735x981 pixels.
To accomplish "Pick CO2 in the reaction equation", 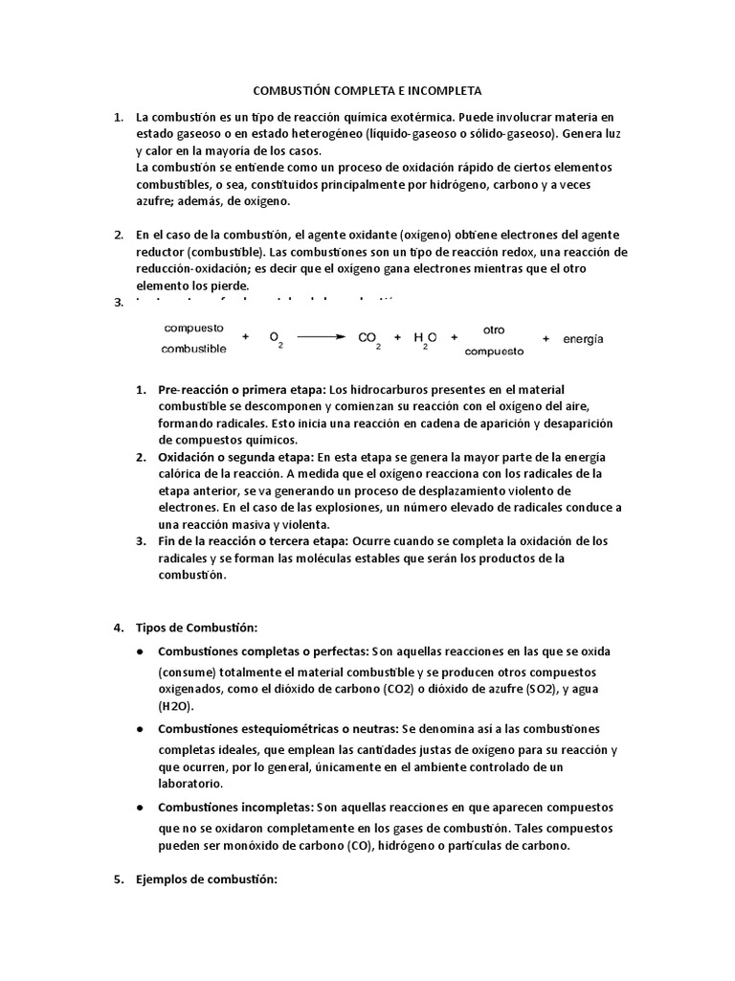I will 369,338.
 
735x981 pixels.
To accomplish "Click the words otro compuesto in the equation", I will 494,339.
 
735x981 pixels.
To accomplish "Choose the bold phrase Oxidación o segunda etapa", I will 236,456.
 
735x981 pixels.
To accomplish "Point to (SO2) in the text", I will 560,689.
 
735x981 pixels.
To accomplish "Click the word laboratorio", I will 189,783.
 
